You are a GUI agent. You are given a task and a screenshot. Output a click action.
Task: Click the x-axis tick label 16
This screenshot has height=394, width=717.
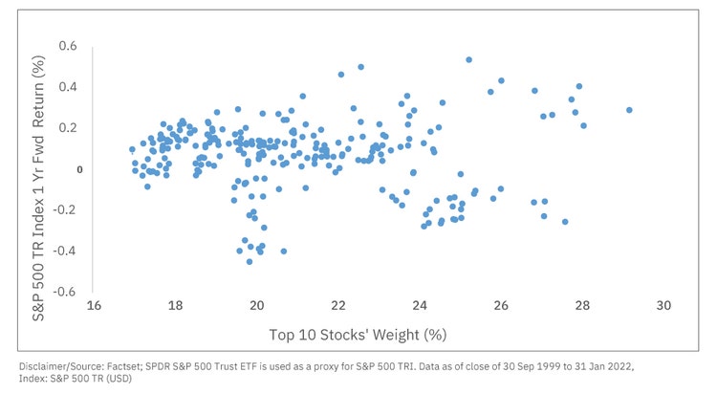coord(94,306)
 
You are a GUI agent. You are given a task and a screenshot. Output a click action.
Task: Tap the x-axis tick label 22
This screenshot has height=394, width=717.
coord(338,306)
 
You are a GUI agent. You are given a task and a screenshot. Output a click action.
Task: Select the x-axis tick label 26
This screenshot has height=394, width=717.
coord(501,306)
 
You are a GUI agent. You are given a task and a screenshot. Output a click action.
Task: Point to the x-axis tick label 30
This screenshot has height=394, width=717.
coord(664,306)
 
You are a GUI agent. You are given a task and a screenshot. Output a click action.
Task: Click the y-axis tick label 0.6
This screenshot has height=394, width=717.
coord(67,46)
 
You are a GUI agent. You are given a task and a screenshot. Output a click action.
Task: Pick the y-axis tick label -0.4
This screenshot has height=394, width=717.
coord(65,251)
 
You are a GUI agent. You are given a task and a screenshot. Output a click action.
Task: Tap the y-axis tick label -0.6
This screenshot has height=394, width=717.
coord(65,292)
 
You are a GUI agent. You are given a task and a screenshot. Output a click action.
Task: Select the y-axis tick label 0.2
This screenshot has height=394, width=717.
coord(67,128)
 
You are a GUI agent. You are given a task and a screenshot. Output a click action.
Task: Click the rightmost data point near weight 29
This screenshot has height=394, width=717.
coord(629,110)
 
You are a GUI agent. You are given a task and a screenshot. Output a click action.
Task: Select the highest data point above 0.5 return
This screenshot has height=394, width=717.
coord(469,59)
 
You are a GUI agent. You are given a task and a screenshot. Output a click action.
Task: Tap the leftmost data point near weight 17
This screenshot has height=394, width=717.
coord(132,149)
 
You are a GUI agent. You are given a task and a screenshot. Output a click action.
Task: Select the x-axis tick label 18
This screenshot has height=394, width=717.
coord(175,306)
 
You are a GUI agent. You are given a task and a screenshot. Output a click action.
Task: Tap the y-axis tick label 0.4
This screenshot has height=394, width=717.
coord(67,87)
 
